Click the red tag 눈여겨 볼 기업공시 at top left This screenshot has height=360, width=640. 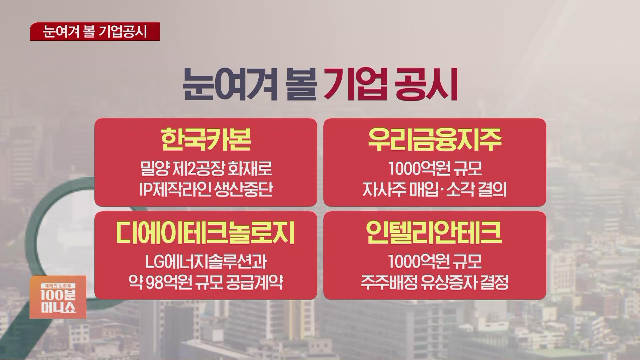coord(95,32)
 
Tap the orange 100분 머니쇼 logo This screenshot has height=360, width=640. coord(58,297)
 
